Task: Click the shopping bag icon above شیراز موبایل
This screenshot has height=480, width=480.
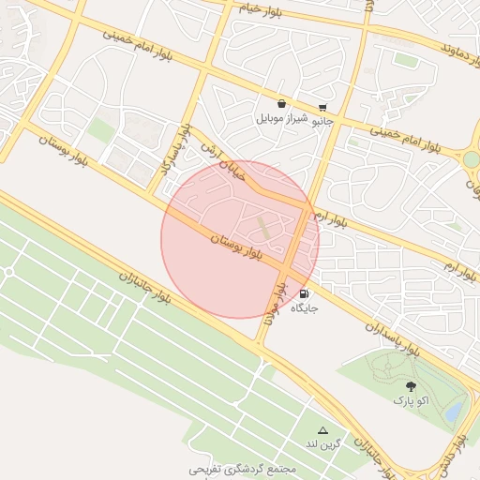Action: pyautogui.click(x=281, y=104)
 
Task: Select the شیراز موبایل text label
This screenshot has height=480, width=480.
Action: pyautogui.click(x=281, y=120)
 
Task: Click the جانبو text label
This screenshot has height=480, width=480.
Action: pyautogui.click(x=322, y=121)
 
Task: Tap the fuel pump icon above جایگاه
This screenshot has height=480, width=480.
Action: pyautogui.click(x=304, y=293)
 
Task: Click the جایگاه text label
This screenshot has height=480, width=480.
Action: pyautogui.click(x=305, y=307)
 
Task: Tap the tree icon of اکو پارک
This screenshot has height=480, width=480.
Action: pyautogui.click(x=411, y=386)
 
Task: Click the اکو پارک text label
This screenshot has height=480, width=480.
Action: pyautogui.click(x=411, y=401)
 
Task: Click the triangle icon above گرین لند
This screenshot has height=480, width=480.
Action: pyautogui.click(x=323, y=429)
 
